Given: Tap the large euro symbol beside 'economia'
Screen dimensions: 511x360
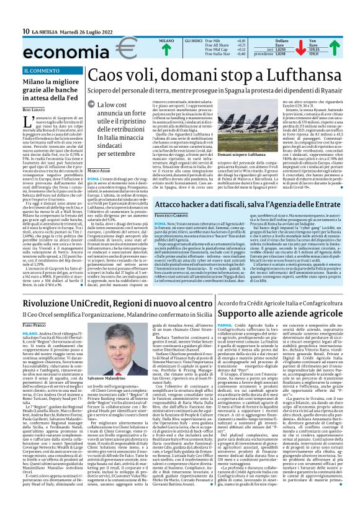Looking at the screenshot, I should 95,48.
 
